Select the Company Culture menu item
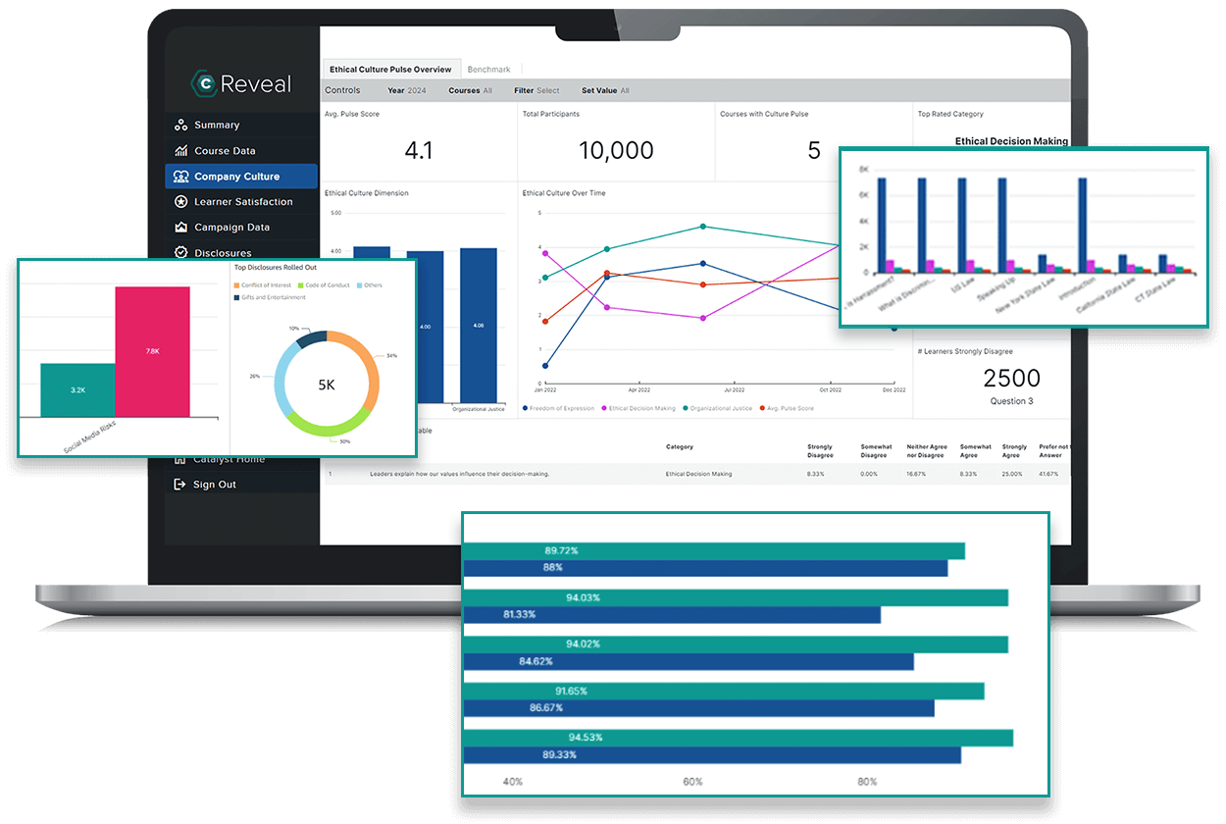pyautogui.click(x=236, y=177)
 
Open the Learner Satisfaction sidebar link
pyautogui.click(x=242, y=202)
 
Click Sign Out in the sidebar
pyautogui.click(x=214, y=485)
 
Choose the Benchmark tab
pyautogui.click(x=488, y=70)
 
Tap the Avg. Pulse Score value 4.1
pyautogui.click(x=419, y=150)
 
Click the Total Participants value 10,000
pyautogui.click(x=616, y=150)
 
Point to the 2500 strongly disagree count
pyautogui.click(x=1011, y=378)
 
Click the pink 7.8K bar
pyautogui.click(x=152, y=351)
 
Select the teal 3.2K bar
pyautogui.click(x=77, y=389)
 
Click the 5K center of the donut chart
pyautogui.click(x=326, y=385)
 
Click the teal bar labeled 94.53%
pyautogui.click(x=738, y=737)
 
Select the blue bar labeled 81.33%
pyautogui.click(x=671, y=614)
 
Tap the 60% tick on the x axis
pyautogui.click(x=692, y=782)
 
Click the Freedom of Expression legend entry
pyautogui.click(x=559, y=408)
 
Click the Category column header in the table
pyautogui.click(x=680, y=446)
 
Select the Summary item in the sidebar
pyautogui.click(x=216, y=126)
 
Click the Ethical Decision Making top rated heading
pyautogui.click(x=1011, y=141)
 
